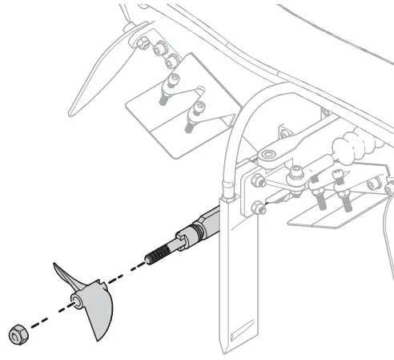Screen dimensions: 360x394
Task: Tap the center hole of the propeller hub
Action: pos(74,301)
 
